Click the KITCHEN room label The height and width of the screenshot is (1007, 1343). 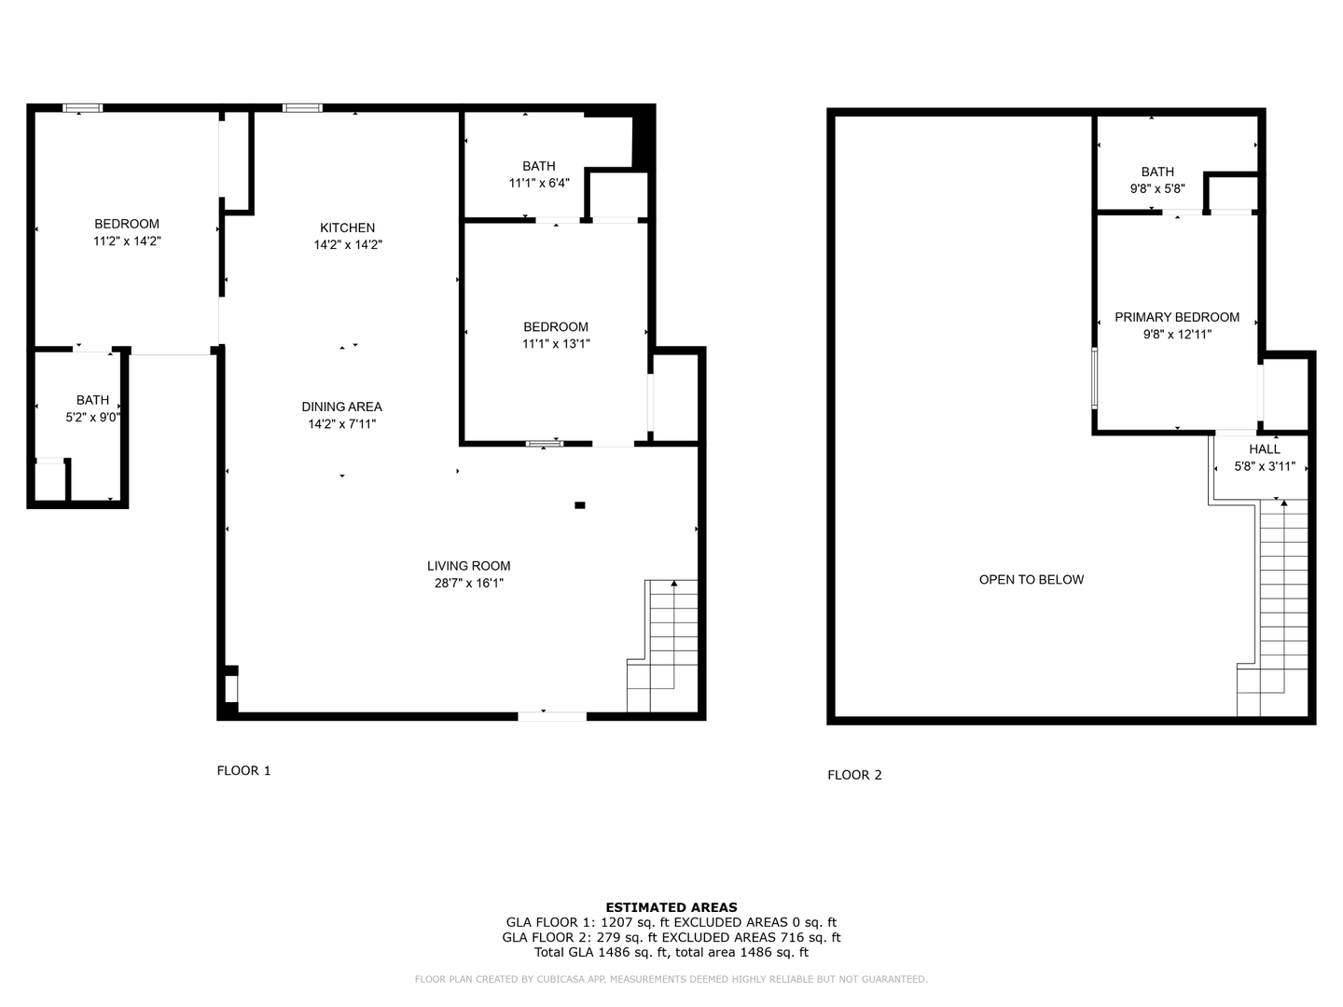(x=347, y=228)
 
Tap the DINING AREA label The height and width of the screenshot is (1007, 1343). (x=341, y=407)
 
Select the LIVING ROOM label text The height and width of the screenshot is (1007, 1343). (x=469, y=566)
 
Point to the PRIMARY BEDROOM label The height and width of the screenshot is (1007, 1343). (x=1177, y=317)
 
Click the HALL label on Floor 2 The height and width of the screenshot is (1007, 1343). (x=1265, y=449)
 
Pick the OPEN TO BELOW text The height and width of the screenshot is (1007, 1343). (x=1031, y=580)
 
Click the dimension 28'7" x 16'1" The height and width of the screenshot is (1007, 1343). (x=469, y=584)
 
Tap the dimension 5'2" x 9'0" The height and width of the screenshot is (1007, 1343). (x=93, y=418)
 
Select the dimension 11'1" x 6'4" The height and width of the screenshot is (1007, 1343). (x=539, y=183)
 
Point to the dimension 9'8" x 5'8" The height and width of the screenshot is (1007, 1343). (x=1157, y=189)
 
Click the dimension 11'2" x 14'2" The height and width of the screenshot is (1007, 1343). (x=127, y=241)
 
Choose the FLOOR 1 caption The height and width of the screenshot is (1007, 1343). (x=243, y=771)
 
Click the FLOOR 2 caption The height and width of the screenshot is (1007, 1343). (x=854, y=775)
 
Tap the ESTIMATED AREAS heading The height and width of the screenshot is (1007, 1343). (x=671, y=907)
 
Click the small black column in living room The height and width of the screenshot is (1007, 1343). (x=579, y=505)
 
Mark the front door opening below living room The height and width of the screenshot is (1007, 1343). (x=552, y=717)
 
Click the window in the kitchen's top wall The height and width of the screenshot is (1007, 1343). (x=302, y=108)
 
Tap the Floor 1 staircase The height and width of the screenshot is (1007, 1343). (x=662, y=645)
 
